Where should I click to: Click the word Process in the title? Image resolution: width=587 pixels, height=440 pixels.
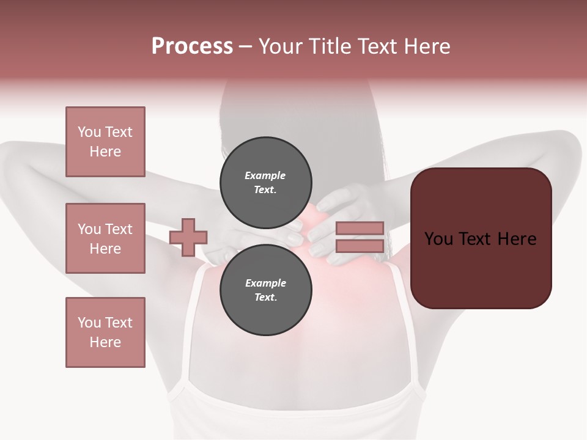(192, 46)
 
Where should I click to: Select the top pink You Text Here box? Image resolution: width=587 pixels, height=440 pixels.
(105, 142)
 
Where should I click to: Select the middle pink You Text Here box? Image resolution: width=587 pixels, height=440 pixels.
(105, 238)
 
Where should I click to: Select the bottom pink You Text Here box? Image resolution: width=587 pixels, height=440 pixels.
(105, 332)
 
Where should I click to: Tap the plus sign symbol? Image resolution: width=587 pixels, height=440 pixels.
(188, 237)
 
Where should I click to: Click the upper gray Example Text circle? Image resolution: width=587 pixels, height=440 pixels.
(265, 183)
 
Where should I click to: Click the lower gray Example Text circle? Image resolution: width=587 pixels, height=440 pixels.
(265, 290)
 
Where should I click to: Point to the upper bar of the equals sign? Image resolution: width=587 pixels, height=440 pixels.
(360, 229)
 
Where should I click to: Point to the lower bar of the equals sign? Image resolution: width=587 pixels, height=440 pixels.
(360, 246)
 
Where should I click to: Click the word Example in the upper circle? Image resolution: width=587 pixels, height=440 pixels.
(265, 175)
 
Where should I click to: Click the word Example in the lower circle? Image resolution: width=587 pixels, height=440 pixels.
(265, 283)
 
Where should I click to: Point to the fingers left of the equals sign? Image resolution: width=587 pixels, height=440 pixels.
(321, 241)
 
